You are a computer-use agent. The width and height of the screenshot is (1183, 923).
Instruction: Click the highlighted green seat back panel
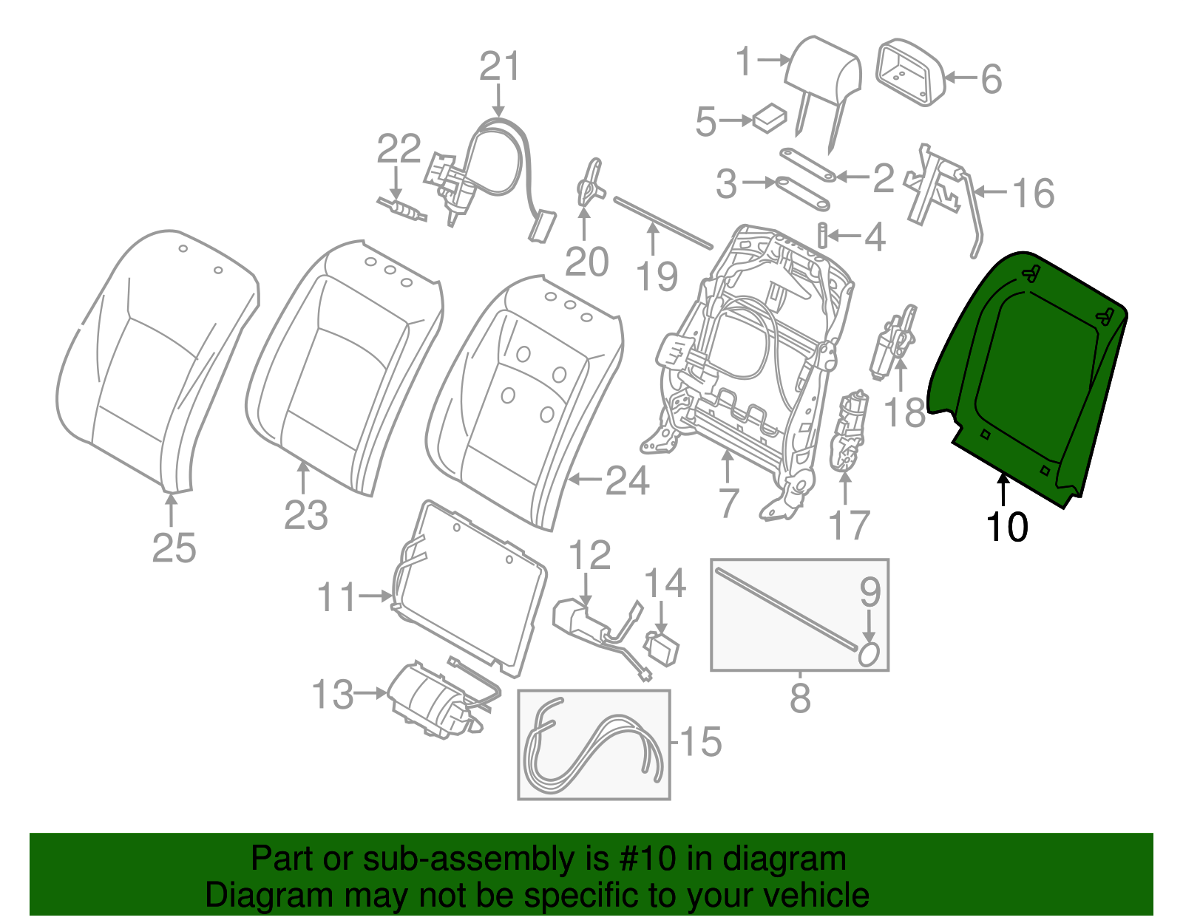(1028, 377)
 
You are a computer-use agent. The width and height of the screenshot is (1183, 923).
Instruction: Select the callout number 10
(1006, 528)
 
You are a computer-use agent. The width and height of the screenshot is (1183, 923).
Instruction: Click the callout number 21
(500, 67)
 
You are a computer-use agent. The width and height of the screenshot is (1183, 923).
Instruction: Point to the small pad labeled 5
(770, 117)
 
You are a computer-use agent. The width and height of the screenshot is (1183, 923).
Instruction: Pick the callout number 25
(174, 548)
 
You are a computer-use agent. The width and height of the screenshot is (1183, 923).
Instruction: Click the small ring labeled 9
(869, 654)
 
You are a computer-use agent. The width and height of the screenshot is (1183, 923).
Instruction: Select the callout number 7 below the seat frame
(728, 503)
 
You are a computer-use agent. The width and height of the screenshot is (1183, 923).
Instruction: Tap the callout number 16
(1033, 193)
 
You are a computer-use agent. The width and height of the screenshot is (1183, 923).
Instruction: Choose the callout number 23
(305, 515)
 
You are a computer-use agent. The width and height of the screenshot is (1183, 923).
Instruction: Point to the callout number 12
(589, 556)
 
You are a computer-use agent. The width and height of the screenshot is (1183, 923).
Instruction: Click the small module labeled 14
(662, 648)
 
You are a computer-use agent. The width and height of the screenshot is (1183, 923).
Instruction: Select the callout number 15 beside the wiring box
(700, 741)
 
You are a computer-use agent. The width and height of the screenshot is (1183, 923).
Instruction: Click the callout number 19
(657, 277)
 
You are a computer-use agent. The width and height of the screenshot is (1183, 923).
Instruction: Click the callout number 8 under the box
(800, 698)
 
